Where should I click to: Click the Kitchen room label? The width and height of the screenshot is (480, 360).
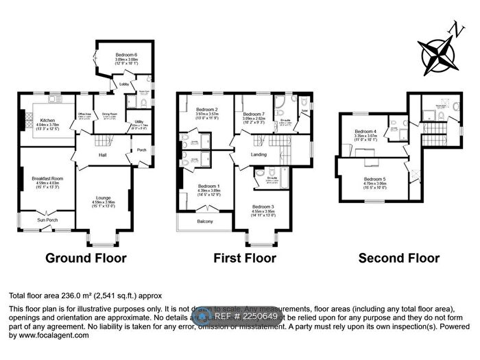[x=47, y=119]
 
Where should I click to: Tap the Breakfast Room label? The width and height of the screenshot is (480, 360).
[x=47, y=179]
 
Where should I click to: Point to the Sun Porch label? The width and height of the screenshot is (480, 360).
[x=47, y=220]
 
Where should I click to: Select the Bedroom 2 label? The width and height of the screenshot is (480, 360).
[x=206, y=110]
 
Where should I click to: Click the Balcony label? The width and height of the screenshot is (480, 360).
[x=205, y=221]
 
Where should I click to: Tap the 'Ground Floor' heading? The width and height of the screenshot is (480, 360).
[x=86, y=259]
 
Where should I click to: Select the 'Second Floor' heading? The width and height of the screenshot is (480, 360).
[x=399, y=259]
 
